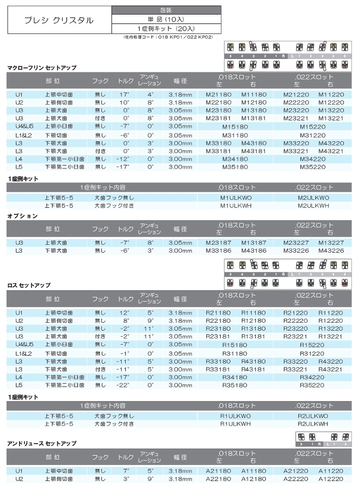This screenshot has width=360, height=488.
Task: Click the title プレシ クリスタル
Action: point(59,20)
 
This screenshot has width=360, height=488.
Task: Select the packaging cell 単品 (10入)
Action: point(166,19)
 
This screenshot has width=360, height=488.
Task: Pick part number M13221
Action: point(330,118)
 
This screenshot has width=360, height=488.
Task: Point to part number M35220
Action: point(312,167)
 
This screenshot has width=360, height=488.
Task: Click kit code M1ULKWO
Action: point(236,197)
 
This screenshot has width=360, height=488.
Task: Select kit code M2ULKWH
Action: point(313,205)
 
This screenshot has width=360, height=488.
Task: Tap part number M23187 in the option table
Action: point(218,242)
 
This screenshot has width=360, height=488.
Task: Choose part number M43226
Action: point(330,250)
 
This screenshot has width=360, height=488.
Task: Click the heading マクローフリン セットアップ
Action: point(42,67)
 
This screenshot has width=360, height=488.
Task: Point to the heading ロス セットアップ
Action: point(29,285)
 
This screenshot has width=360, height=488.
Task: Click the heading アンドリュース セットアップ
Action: point(42,443)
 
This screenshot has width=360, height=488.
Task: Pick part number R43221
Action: point(330,369)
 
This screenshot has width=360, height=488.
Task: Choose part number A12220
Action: point(330,479)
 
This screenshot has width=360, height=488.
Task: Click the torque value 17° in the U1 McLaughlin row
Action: point(124,94)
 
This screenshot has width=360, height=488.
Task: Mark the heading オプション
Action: point(22,216)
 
